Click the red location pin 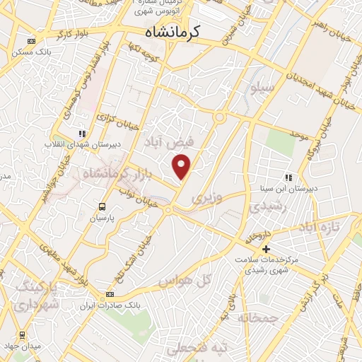(182, 167)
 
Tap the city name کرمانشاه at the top (173, 33)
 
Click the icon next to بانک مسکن (29, 41)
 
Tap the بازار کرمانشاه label (114, 173)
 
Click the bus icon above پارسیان (103, 207)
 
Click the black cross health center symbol (266, 249)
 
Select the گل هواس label (185, 280)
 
